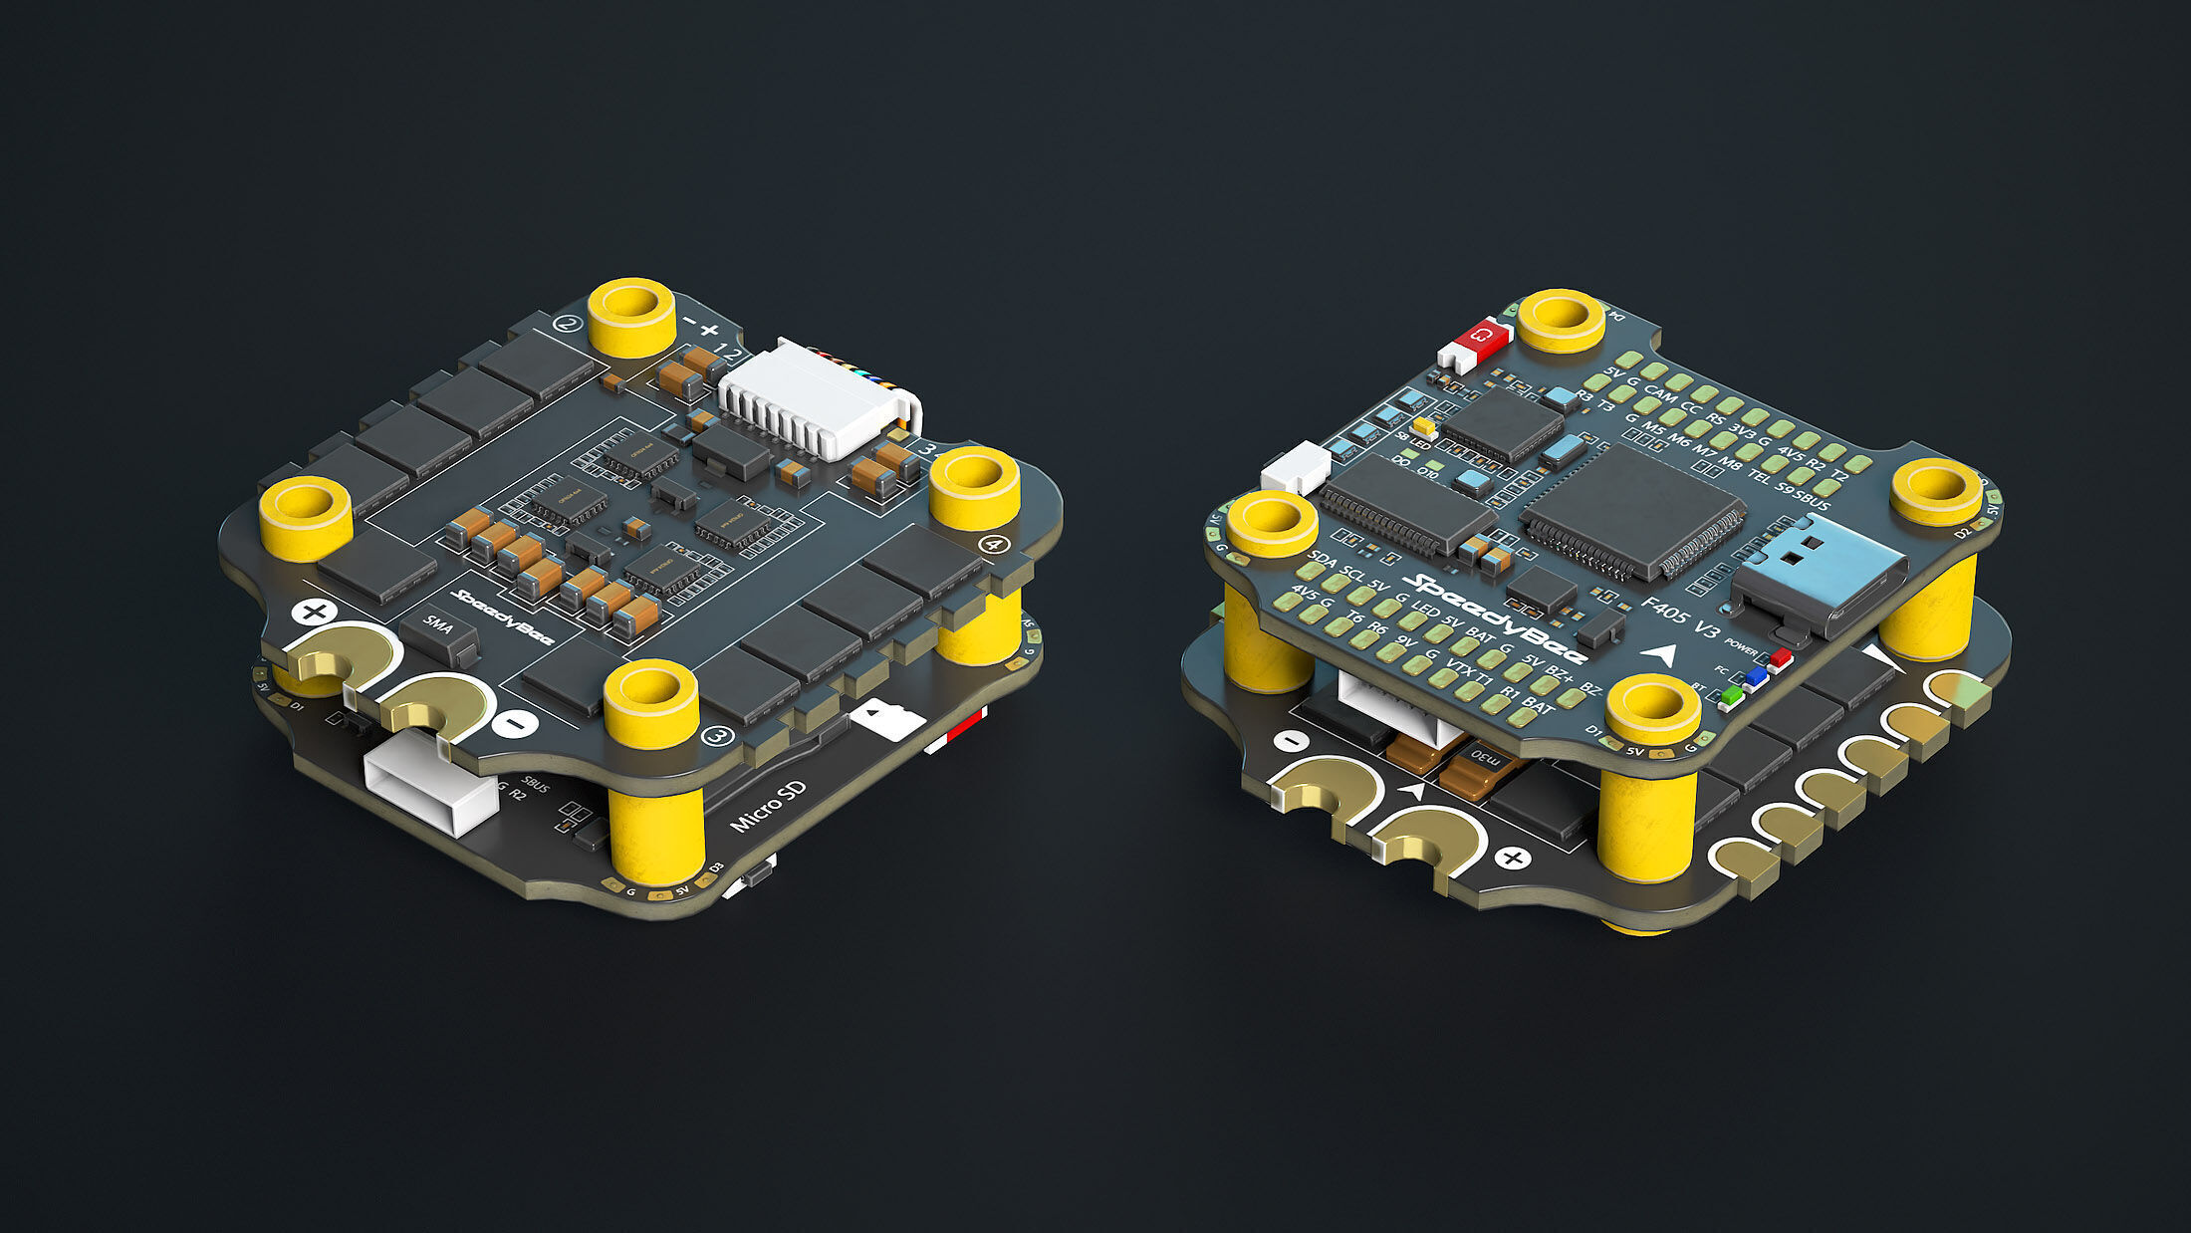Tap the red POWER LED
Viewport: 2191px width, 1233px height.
tap(1780, 657)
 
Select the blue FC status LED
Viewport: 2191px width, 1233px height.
tap(1755, 677)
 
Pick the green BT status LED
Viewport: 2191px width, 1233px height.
tap(1731, 695)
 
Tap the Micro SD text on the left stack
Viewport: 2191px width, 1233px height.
tap(768, 808)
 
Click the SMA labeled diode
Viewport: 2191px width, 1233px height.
tap(438, 629)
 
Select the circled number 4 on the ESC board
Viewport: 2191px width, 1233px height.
tap(993, 544)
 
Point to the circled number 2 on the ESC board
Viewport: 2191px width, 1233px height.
tap(569, 323)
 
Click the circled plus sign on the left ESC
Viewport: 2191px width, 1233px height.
tap(315, 612)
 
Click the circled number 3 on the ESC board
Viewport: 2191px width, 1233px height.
tap(717, 737)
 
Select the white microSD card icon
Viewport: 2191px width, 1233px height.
tap(887, 718)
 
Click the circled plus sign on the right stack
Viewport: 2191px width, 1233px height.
tap(1513, 858)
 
